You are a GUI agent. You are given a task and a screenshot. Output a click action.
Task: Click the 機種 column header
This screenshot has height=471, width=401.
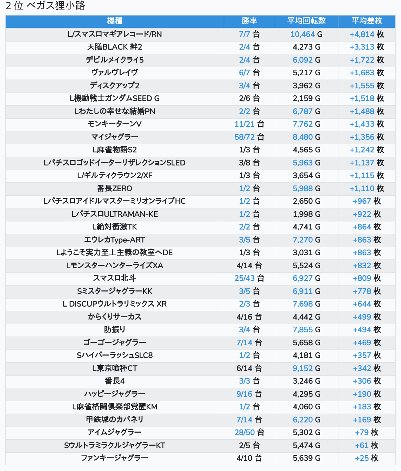tap(115, 21)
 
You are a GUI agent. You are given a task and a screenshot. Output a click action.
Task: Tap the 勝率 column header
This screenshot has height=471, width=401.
tap(249, 21)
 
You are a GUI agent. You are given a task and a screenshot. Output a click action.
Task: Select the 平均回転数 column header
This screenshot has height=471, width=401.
tap(306, 21)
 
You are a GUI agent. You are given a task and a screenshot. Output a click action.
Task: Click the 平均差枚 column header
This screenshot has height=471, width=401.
tap(367, 21)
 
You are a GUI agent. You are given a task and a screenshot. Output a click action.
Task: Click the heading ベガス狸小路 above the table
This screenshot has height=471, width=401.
tap(56, 6)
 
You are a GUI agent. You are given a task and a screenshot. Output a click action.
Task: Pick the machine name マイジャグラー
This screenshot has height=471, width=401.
tap(115, 137)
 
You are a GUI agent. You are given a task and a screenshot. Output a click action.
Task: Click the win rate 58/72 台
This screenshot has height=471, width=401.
tap(249, 137)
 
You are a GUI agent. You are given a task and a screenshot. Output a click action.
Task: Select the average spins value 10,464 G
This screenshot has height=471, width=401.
tap(306, 34)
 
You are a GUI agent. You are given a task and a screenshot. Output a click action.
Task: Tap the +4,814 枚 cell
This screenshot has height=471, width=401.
tap(367, 34)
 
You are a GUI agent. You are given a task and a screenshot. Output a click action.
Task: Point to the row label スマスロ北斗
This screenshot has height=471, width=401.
tap(115, 278)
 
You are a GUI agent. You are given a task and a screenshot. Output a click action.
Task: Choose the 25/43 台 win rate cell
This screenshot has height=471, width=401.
tap(249, 278)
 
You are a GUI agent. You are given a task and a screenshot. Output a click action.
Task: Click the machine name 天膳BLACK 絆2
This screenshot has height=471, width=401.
tap(115, 47)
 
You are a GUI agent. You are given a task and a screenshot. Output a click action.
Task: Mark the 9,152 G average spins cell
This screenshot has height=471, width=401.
tap(306, 368)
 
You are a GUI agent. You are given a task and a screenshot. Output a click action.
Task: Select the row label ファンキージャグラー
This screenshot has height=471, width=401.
tap(115, 458)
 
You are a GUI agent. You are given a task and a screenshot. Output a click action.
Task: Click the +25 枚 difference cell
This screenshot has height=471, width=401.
tap(367, 458)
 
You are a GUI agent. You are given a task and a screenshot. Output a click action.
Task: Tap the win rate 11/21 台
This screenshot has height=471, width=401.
tap(249, 124)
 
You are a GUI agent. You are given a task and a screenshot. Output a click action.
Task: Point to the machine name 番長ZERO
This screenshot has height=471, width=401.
tap(115, 188)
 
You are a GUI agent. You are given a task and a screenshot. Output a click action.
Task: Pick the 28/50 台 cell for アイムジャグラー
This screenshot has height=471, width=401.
tap(249, 433)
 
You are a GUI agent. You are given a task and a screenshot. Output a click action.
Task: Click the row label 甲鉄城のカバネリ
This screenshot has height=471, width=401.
tap(115, 420)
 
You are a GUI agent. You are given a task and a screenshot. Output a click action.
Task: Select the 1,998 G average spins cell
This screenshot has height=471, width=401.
tap(306, 214)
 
